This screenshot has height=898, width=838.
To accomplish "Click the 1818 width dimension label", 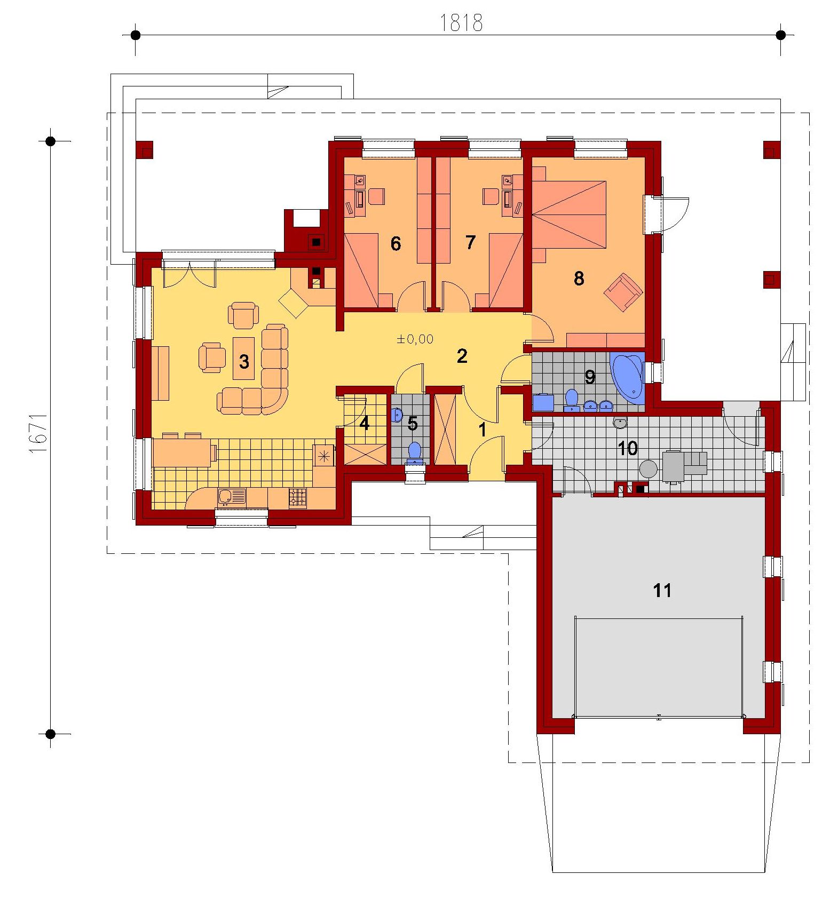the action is point(461,22).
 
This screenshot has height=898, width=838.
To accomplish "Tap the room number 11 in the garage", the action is point(662,590).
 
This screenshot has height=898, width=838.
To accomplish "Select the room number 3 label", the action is point(244,362).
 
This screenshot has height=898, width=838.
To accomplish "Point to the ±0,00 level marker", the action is point(415,339).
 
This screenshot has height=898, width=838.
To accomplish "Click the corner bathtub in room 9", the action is point(628,375).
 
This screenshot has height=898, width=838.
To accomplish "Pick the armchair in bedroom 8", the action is point(623,291).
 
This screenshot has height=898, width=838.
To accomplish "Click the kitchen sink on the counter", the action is point(232,497).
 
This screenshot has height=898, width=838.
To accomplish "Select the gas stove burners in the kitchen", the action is point(298,498).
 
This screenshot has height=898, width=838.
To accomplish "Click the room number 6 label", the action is point(396,244).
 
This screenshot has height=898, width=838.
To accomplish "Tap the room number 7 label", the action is point(470,243).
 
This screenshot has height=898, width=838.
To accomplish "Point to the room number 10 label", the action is point(627,448).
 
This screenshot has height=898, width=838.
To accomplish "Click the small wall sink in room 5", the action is point(397,415).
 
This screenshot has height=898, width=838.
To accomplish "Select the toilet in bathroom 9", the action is point(572,400).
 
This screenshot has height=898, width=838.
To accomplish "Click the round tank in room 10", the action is point(649,469).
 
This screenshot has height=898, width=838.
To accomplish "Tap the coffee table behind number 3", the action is point(244,357).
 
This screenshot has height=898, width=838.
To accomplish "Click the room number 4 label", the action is point(365,424).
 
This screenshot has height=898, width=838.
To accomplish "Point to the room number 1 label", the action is point(483,430).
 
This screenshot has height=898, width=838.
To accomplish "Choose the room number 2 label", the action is point(462,356).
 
